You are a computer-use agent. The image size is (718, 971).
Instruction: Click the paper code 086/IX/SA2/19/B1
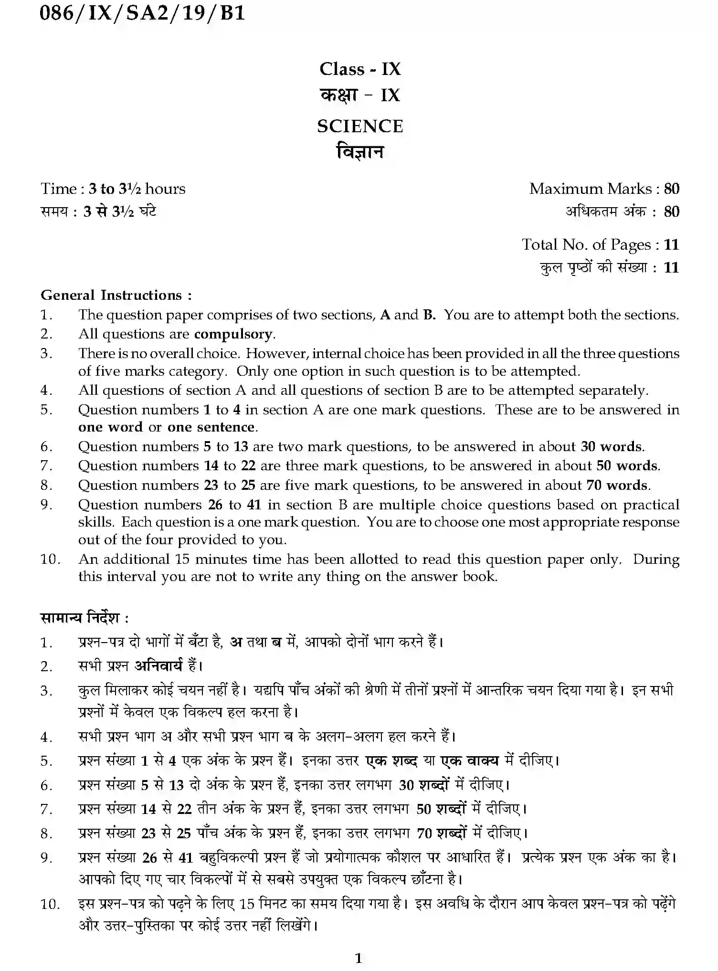[142, 13]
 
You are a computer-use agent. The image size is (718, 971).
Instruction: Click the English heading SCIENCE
[360, 127]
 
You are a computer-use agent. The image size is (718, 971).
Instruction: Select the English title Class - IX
[360, 69]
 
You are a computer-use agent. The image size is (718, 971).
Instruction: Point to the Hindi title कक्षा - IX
[360, 95]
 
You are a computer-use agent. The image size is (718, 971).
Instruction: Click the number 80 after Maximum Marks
[671, 189]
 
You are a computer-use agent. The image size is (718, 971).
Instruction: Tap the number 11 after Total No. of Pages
[671, 245]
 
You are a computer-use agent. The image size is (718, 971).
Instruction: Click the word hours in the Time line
[165, 189]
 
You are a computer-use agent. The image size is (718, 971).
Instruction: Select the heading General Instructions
[116, 295]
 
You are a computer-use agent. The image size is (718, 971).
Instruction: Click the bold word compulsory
[234, 334]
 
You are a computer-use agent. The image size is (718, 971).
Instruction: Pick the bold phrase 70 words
[618, 485]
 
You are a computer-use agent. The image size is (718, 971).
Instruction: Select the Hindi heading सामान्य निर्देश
[84, 618]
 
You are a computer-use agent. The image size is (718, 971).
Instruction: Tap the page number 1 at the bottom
[359, 958]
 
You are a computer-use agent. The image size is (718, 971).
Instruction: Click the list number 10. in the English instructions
[50, 559]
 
